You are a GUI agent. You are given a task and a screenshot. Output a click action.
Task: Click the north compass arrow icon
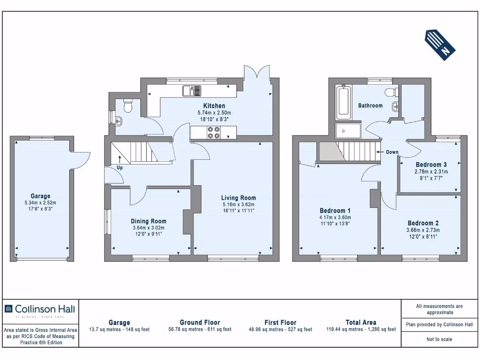(441, 43)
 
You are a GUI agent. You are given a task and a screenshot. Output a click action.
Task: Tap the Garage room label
(40, 196)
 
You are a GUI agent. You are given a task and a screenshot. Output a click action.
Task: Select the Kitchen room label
(214, 105)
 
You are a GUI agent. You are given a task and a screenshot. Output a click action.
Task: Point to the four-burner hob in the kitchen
(214, 133)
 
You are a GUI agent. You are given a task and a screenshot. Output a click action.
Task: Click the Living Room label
(239, 198)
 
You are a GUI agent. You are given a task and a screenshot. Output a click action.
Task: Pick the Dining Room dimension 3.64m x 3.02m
(149, 228)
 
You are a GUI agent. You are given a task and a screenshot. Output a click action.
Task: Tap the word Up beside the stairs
(120, 167)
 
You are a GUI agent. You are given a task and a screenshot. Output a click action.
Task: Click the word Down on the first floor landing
(392, 152)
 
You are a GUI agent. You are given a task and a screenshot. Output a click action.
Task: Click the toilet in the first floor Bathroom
(389, 91)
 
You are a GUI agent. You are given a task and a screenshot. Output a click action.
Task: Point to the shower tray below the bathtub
(348, 131)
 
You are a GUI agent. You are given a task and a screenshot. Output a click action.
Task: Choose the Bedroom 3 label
(431, 165)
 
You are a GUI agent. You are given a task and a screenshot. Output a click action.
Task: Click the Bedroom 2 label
(423, 223)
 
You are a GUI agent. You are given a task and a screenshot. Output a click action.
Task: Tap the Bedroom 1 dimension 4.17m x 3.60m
(335, 217)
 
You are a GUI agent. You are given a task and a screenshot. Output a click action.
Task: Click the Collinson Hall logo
(39, 309)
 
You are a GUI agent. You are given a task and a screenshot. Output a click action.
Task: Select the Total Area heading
(360, 322)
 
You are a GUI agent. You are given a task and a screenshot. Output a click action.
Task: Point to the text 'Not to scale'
(439, 339)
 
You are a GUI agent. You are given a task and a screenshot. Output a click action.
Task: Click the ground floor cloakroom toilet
(127, 107)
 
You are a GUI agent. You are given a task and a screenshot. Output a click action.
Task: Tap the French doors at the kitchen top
(257, 73)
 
